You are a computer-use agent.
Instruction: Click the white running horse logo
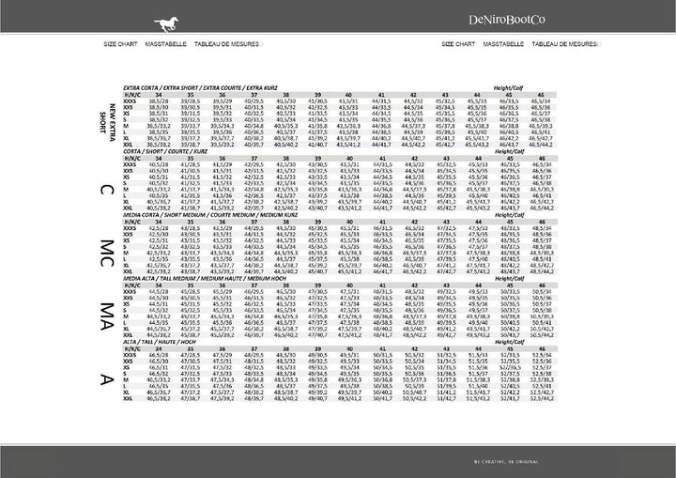click(128, 18)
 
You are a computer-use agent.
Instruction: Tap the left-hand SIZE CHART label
click(122, 44)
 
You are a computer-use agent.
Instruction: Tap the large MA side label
click(108, 315)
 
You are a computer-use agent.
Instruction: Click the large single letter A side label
click(108, 378)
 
